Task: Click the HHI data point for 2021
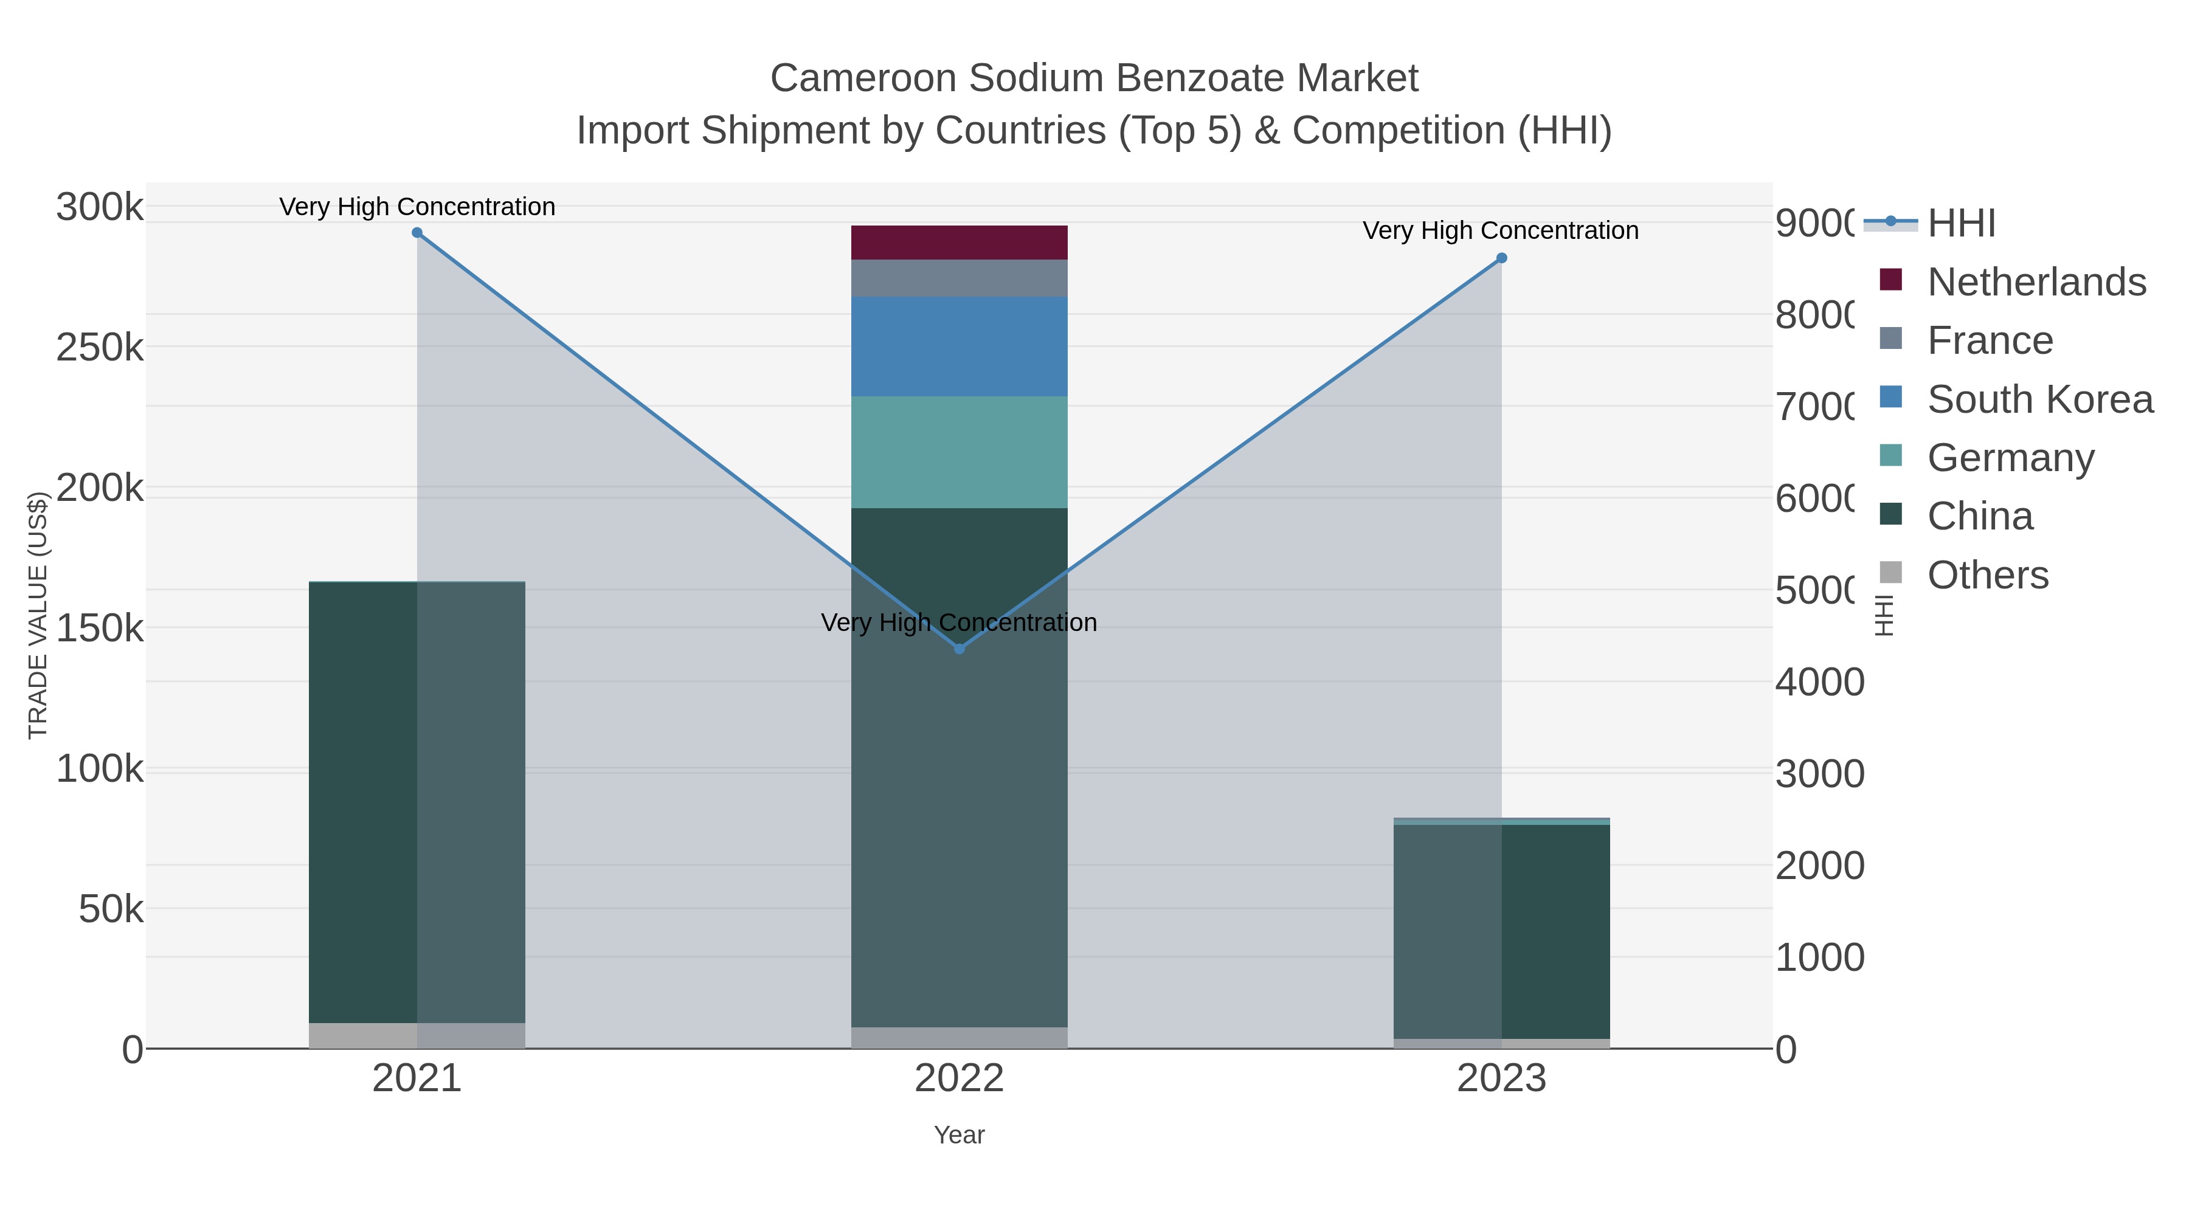point(417,233)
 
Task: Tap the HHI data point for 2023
point(1501,258)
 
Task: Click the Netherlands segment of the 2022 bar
point(960,243)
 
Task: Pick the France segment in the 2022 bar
point(960,278)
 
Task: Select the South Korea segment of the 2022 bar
point(960,347)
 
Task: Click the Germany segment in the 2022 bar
point(960,452)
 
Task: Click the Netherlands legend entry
point(2036,282)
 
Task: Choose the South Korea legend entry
point(2039,399)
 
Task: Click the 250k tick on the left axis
point(100,348)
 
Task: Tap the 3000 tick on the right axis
point(1819,774)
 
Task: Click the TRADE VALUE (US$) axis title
point(38,615)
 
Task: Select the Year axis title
point(960,1135)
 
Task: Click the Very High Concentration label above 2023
point(1501,231)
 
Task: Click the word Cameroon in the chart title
point(863,78)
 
